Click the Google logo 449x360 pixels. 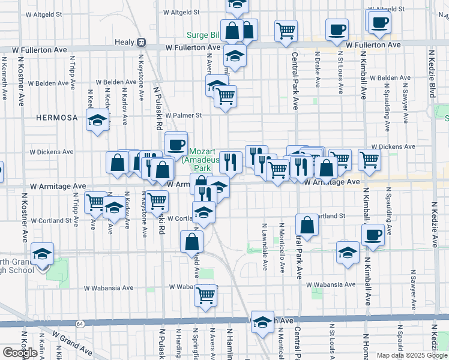point(20,352)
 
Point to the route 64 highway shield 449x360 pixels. point(79,324)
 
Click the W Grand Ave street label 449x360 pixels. point(71,341)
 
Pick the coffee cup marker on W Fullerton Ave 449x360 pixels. point(336,29)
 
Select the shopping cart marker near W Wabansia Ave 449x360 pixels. point(205,295)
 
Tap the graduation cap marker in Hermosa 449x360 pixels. point(97,121)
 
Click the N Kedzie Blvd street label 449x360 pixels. point(432,74)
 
